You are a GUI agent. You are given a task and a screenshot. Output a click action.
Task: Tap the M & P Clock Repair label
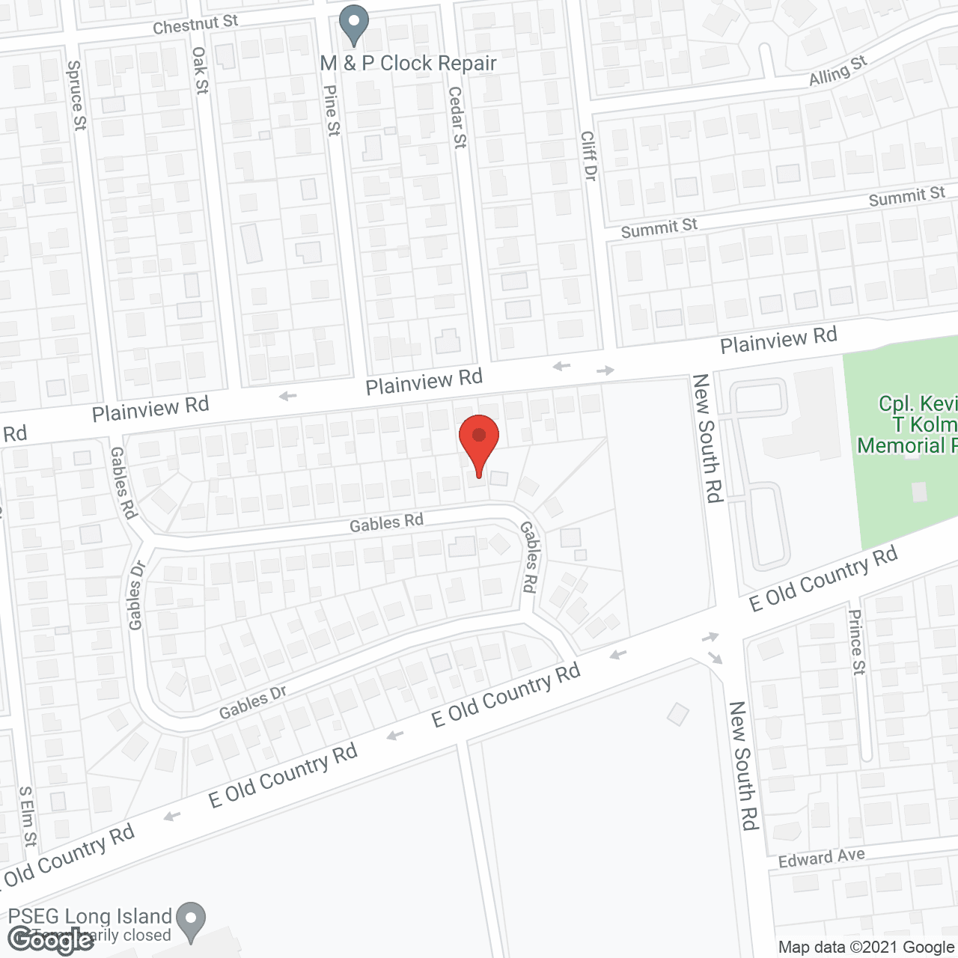408,64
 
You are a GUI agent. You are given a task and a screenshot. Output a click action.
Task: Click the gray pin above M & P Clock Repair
354,24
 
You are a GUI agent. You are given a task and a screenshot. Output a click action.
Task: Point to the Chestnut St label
195,25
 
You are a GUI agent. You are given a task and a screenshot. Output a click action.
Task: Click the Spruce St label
76,95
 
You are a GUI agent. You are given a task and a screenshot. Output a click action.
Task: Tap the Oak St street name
200,70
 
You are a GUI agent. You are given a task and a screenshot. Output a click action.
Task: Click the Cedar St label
457,117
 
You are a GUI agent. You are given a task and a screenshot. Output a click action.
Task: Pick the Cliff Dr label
589,156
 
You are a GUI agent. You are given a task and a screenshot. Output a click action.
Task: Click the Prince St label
856,641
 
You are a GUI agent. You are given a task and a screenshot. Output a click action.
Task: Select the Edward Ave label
821,858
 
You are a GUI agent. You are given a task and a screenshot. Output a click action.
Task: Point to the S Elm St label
28,816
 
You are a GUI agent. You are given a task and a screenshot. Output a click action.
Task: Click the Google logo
51,940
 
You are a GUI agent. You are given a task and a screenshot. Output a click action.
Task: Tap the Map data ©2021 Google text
866,947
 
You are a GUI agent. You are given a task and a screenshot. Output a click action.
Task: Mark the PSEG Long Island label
90,916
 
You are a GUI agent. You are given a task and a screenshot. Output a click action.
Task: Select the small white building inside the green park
919,492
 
